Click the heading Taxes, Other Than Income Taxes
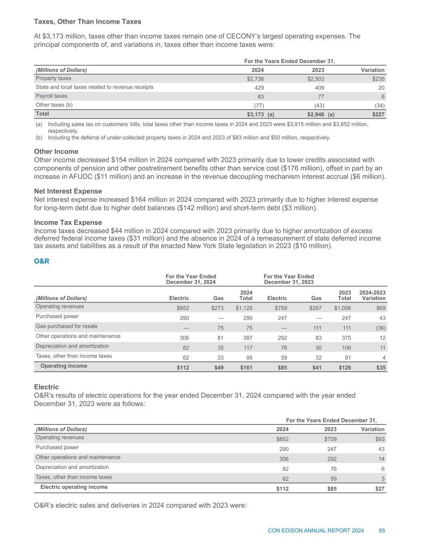click(x=87, y=21)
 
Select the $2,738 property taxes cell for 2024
click(x=255, y=79)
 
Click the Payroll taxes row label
click(x=51, y=96)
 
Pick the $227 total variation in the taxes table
click(x=378, y=115)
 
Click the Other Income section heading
click(x=56, y=151)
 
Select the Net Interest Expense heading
click(x=68, y=191)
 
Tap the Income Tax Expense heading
click(x=68, y=222)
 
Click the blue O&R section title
click(x=42, y=262)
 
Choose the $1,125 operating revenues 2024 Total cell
click(x=244, y=308)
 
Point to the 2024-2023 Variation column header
click(x=372, y=295)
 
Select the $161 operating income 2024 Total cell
click(x=245, y=367)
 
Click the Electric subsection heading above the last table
click(x=46, y=387)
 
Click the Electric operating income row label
click(x=74, y=487)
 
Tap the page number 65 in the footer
click(x=382, y=531)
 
